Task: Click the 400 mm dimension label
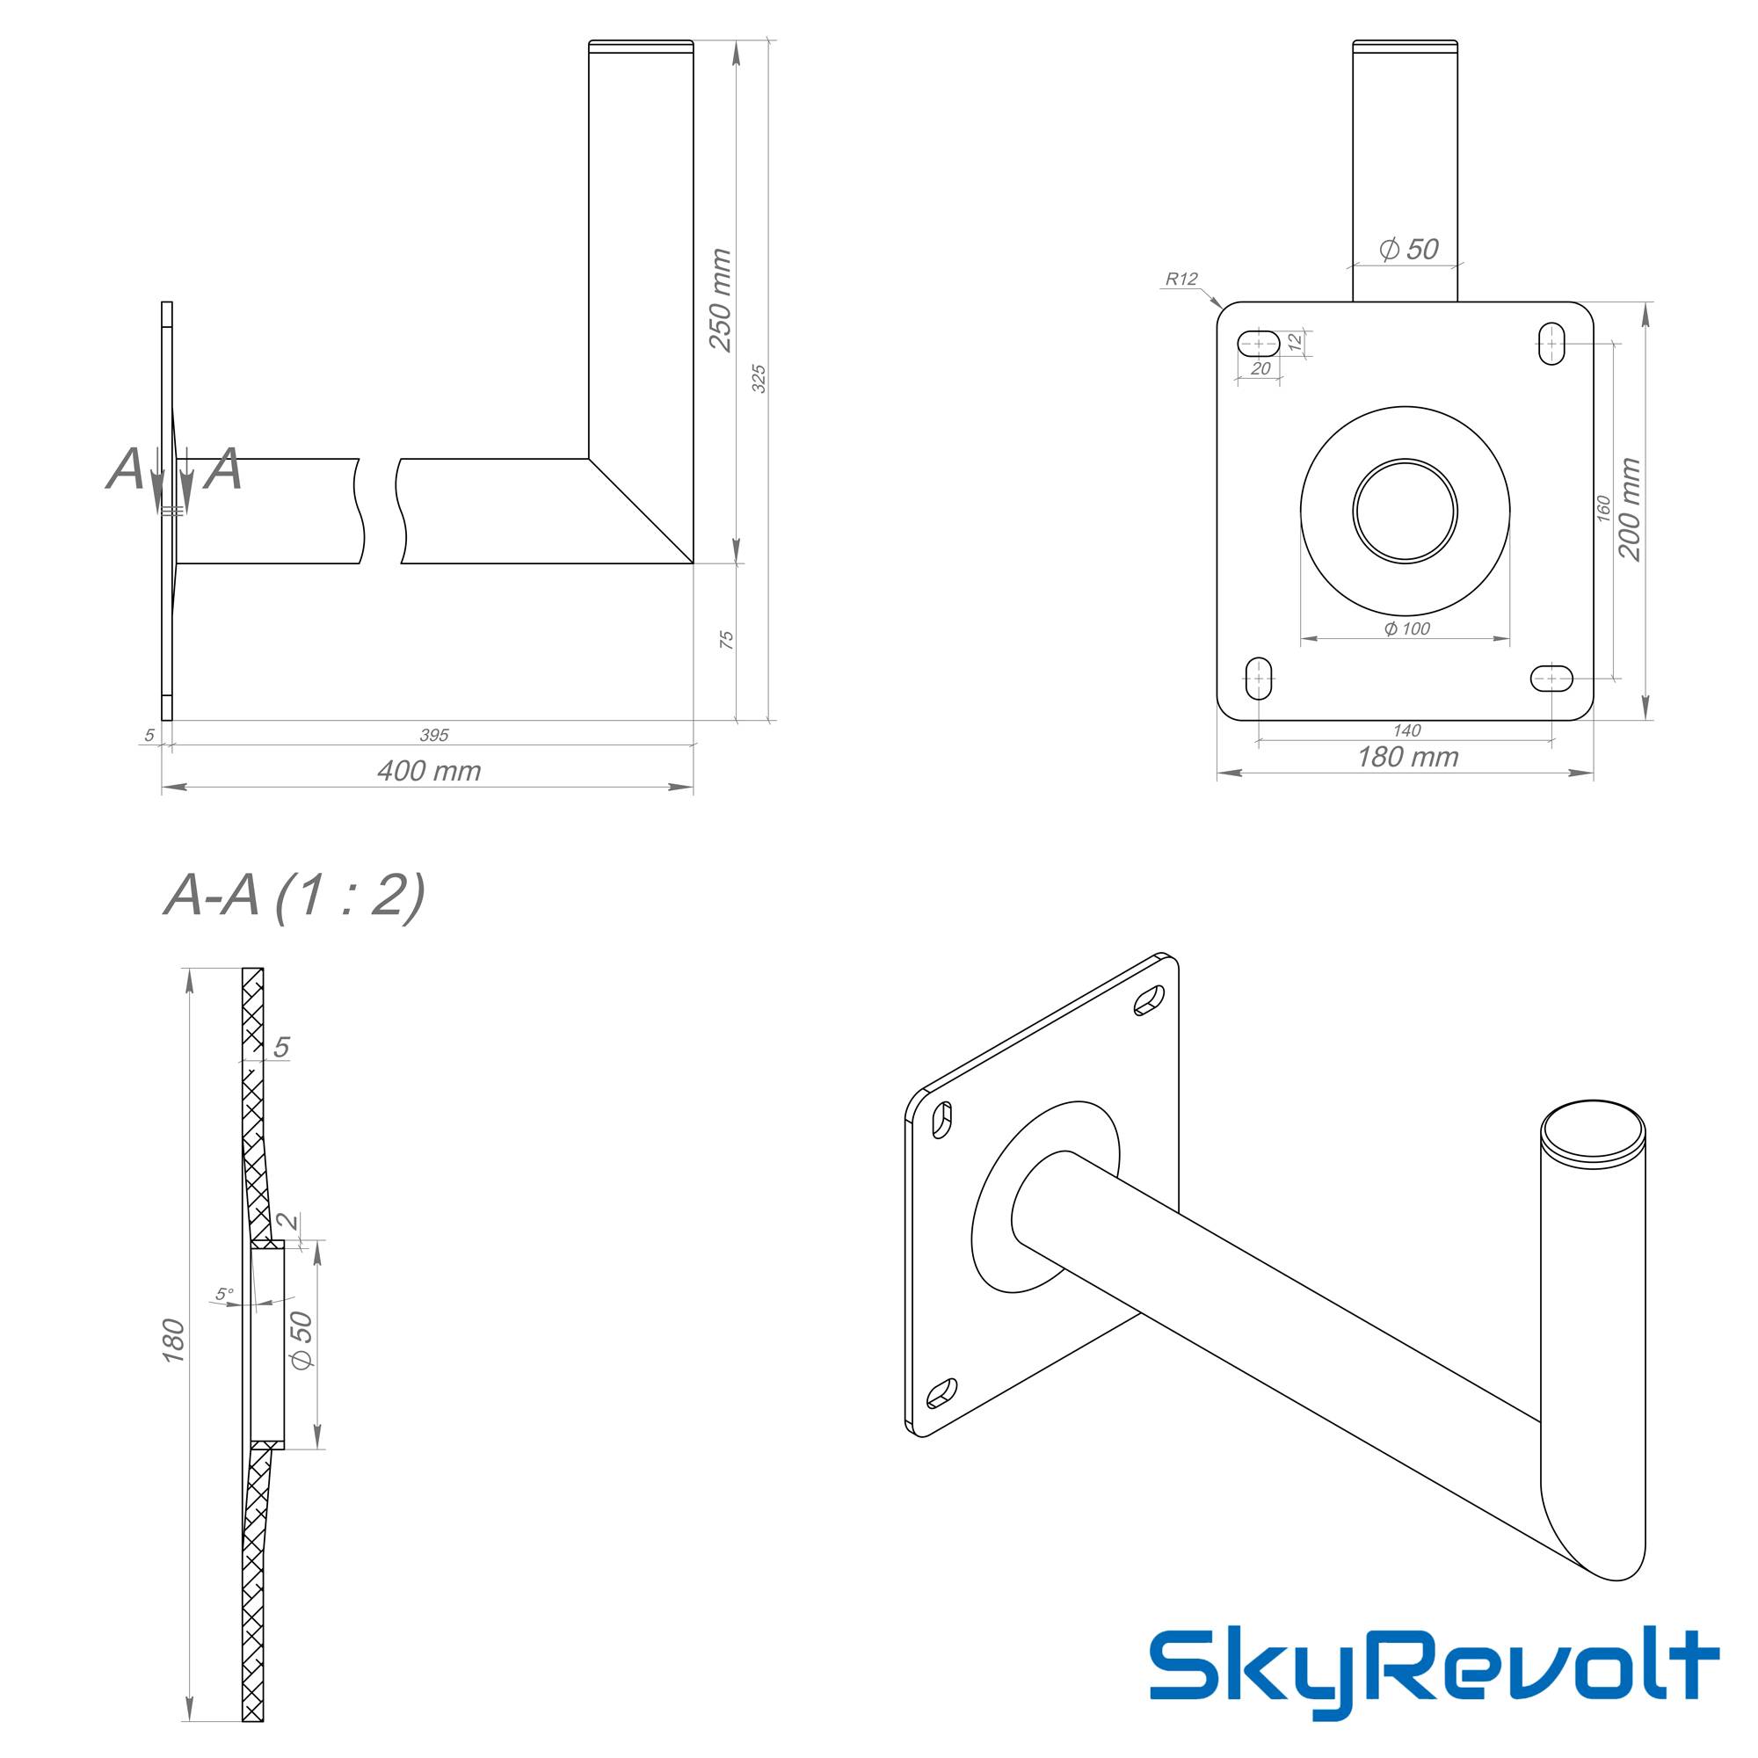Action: [429, 772]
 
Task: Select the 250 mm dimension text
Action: [720, 301]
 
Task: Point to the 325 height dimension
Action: [759, 379]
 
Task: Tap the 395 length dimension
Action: [434, 735]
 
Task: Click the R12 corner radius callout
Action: [1181, 280]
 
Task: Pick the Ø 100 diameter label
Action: [1406, 628]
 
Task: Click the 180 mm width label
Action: [1407, 757]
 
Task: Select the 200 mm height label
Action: [1630, 510]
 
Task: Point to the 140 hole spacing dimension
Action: [1406, 730]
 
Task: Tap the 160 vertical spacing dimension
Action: [1604, 508]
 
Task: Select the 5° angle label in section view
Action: [224, 1294]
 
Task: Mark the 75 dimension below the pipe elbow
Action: [726, 640]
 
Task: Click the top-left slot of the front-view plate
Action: [1260, 343]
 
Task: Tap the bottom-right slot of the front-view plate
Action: [1551, 678]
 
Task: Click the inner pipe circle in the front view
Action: [1405, 511]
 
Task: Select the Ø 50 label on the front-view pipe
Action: [1408, 250]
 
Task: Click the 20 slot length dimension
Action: [1260, 368]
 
